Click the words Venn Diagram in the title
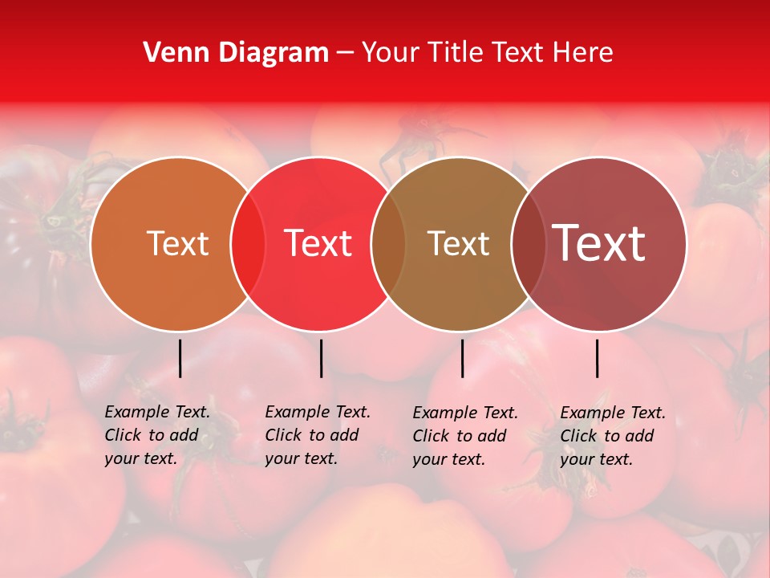(236, 53)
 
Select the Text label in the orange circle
(177, 243)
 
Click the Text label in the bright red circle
(318, 243)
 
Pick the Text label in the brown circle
(458, 243)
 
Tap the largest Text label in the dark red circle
(598, 243)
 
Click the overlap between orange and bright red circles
(248, 243)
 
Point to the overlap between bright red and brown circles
(387, 243)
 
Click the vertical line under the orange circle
(180, 358)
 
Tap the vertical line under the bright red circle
(321, 358)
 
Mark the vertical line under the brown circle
(462, 358)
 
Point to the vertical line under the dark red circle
(597, 358)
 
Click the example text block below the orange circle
(157, 435)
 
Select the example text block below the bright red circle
(318, 435)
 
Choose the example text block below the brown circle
(465, 435)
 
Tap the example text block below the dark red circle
(613, 435)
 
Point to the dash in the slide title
(345, 54)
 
